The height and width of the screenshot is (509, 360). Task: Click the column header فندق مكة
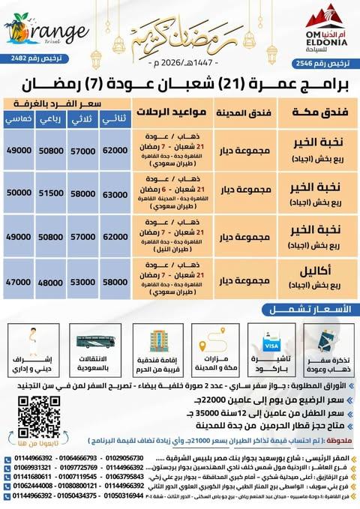(308, 112)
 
